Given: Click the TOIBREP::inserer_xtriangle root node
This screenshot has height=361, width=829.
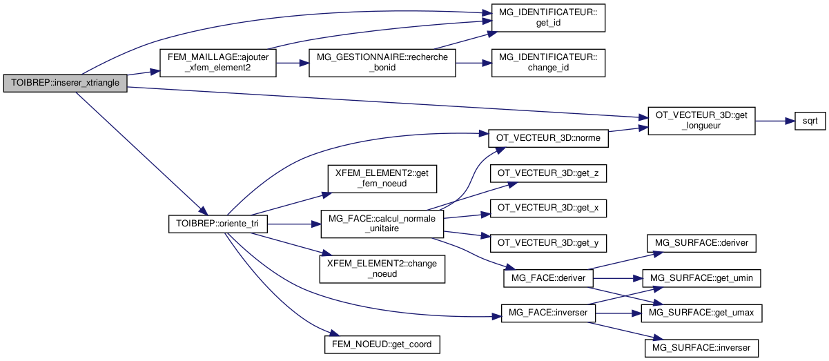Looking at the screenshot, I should pos(65,83).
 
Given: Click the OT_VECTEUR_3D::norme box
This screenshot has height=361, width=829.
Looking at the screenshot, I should pos(548,138).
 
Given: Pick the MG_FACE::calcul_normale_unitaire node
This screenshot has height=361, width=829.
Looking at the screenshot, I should pos(382,224).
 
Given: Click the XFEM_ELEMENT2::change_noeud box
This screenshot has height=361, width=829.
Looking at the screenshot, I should pos(382,269).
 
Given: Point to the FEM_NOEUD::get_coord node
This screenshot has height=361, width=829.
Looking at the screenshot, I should pos(382,343).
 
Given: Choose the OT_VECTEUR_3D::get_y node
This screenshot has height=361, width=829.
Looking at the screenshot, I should pos(548,243).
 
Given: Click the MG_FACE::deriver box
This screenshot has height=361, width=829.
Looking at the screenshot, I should pos(548,278).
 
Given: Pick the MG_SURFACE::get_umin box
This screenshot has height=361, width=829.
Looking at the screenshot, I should pos(702,278).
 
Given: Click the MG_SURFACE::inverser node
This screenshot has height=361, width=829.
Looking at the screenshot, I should pos(702,347).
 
